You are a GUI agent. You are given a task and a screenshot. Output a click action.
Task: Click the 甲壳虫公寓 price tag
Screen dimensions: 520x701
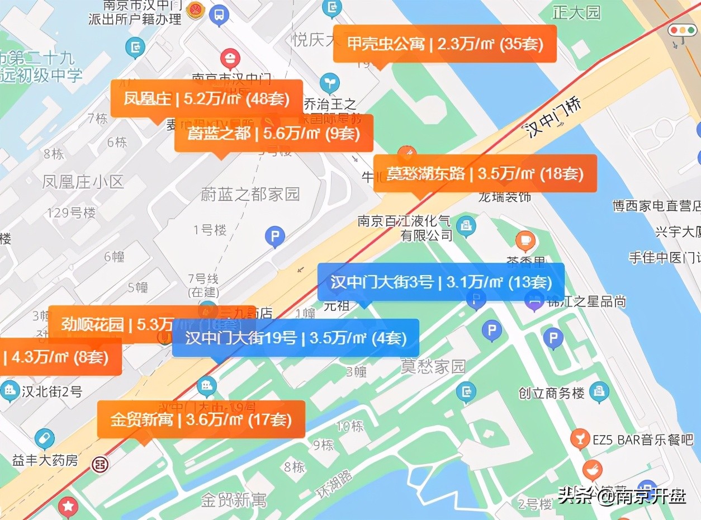444,44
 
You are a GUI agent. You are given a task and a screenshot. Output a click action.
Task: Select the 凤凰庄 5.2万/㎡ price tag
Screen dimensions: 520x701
206,99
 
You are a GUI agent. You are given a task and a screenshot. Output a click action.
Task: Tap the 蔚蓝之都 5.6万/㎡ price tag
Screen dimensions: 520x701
273,133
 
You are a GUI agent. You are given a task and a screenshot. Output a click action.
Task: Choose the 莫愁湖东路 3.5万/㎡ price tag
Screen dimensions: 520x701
485,173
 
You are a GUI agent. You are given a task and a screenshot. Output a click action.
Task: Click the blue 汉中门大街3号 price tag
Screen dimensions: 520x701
441,282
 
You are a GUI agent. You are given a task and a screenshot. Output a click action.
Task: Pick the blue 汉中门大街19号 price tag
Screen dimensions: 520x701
295,338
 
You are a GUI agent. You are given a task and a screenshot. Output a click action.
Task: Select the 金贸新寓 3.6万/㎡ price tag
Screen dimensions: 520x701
201,419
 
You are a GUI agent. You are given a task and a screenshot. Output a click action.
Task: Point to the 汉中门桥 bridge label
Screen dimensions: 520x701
553,118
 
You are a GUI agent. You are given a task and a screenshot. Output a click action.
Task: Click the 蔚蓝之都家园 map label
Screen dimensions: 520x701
250,194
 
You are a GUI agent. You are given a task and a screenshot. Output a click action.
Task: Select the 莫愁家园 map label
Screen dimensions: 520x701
433,367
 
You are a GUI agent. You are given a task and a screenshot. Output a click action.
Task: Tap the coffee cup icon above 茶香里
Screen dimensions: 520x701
525,241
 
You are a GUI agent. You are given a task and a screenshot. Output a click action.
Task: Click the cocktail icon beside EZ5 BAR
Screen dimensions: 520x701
580,439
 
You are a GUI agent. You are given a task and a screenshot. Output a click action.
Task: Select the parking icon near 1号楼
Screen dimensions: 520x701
274,238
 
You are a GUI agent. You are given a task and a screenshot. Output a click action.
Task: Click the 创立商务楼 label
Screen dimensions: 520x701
551,393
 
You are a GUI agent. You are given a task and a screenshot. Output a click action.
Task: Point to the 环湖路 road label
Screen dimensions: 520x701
334,484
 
